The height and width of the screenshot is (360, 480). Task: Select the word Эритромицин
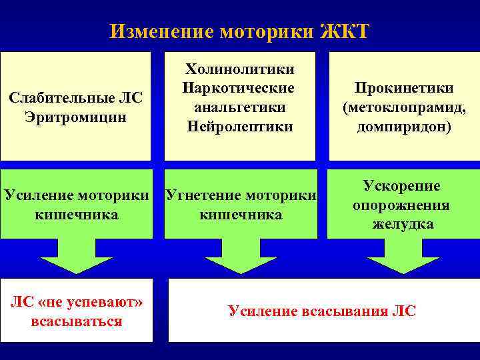coord(75,116)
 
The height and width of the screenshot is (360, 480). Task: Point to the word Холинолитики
coord(239,69)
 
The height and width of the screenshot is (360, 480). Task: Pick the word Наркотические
coord(239,88)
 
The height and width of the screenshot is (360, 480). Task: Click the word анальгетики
coord(239,107)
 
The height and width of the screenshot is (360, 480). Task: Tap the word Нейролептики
coord(239,125)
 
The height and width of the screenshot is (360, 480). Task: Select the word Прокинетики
coord(405,89)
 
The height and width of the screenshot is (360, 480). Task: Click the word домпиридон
coord(405,126)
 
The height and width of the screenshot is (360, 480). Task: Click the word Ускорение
coord(401,186)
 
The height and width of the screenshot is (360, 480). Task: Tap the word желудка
coord(403,224)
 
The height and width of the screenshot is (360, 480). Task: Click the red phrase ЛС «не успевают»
coord(77,303)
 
